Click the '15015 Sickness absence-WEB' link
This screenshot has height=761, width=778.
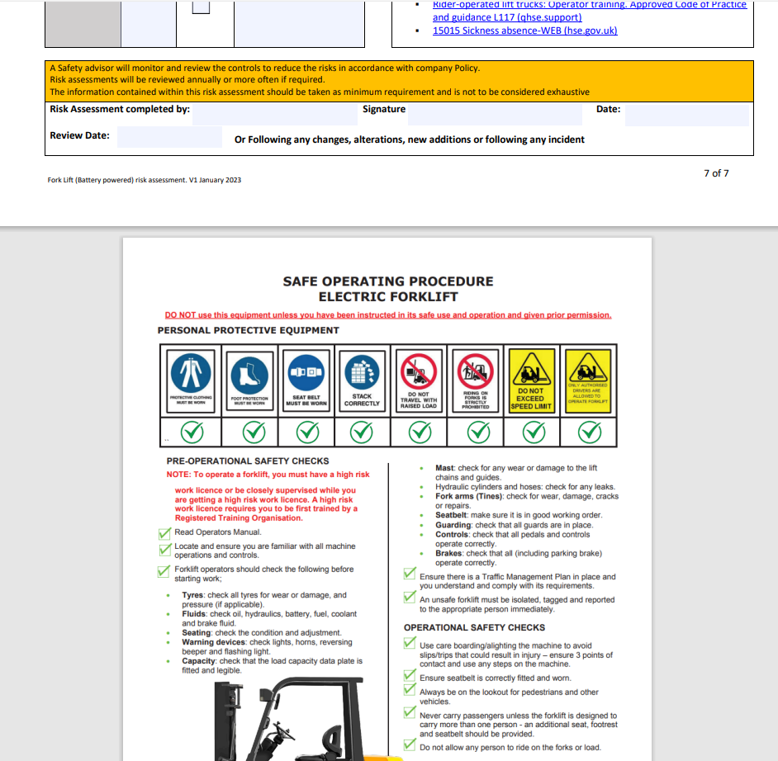click(x=524, y=31)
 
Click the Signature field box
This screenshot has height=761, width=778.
click(x=495, y=115)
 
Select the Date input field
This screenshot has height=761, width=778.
click(x=686, y=115)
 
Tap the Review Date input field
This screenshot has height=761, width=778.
click(x=169, y=137)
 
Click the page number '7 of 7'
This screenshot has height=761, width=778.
click(x=716, y=173)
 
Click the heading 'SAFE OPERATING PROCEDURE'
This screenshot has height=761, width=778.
click(x=388, y=281)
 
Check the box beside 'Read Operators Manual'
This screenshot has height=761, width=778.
click(x=164, y=532)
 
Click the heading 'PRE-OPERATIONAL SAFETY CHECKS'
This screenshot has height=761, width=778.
click(x=248, y=461)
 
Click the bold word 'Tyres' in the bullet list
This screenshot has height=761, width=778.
click(x=193, y=595)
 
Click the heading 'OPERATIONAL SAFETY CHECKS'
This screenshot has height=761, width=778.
click(x=474, y=627)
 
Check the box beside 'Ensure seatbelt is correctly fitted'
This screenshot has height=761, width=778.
click(x=410, y=677)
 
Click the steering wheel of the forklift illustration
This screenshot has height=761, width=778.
click(x=286, y=732)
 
